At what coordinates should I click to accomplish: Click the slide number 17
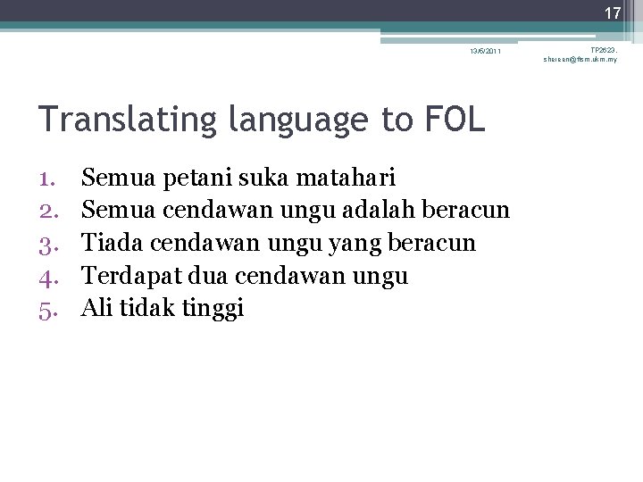612,13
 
